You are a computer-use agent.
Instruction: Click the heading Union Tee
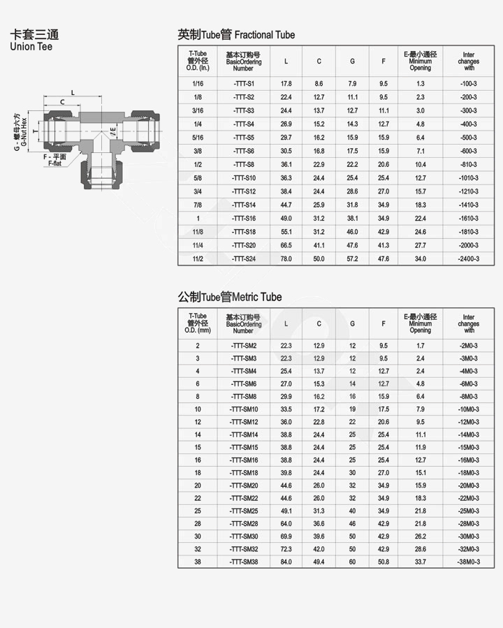pos(31,47)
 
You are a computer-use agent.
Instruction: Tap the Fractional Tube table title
pos(236,35)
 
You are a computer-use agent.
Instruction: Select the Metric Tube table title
pos(230,297)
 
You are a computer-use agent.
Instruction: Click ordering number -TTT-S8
pos(244,165)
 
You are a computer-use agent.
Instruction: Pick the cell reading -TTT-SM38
pos(244,562)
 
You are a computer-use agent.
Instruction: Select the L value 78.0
pos(286,258)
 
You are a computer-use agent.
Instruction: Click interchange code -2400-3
pos(469,258)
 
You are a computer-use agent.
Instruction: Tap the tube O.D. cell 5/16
pos(198,138)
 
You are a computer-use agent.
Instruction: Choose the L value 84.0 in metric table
pos(286,562)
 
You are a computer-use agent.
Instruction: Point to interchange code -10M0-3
pos(469,409)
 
